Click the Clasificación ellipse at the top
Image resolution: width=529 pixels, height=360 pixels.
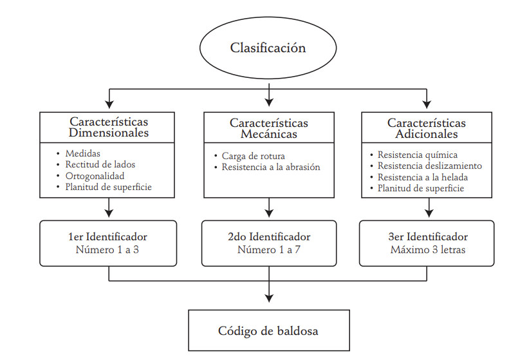268,48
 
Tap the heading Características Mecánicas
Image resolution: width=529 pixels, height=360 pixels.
268,128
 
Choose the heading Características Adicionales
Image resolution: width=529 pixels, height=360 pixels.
427,128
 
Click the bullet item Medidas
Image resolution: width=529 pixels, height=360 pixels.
82,154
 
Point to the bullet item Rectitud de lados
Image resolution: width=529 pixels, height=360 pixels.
100,165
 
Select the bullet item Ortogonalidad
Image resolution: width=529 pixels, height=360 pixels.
95,176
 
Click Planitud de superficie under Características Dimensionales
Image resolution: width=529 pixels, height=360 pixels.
108,187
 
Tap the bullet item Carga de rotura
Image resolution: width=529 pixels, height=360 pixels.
253,156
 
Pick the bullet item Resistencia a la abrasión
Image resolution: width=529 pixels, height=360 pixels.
270,167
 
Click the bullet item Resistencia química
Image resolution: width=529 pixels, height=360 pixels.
417,155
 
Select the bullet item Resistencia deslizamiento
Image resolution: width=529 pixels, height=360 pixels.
429,166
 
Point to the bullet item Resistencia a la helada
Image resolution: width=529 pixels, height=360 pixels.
422,177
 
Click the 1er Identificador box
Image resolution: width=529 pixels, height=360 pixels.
108,243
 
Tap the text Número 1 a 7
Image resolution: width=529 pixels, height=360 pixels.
269,249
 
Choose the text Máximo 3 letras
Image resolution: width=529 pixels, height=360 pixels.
427,249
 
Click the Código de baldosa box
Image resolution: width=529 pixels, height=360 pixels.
268,331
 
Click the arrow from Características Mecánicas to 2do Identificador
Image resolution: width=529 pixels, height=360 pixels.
269,207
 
